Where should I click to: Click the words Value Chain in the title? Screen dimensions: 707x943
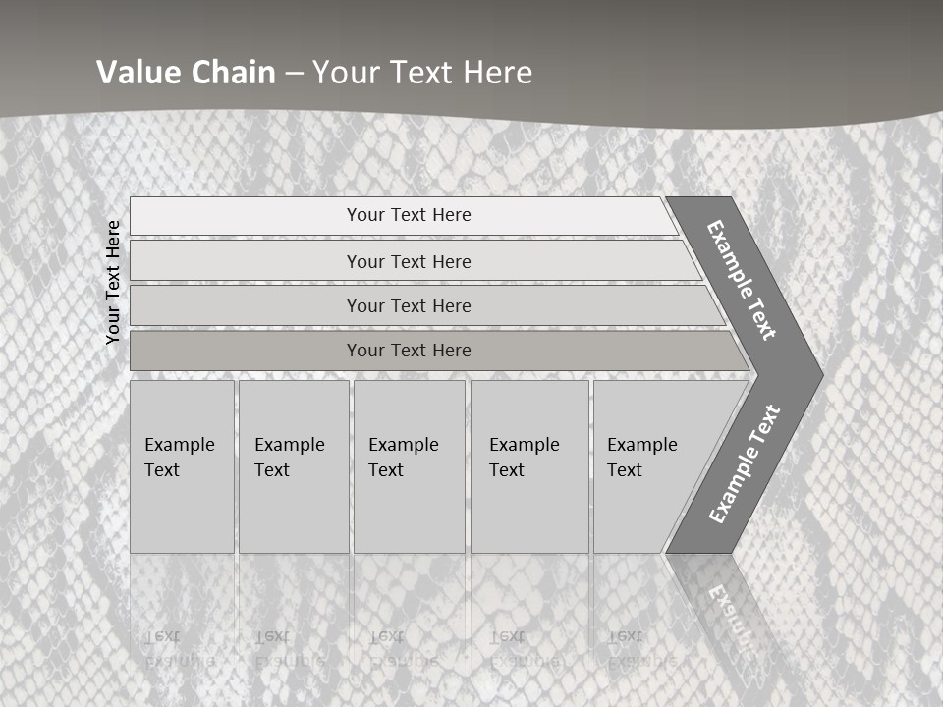coord(186,73)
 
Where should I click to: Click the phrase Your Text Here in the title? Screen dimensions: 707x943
coord(422,73)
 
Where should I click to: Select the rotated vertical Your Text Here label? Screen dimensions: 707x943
coord(113,282)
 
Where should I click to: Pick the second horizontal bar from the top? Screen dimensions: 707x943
coord(409,261)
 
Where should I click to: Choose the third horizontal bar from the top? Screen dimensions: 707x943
coord(409,305)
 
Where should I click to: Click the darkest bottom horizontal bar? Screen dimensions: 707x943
coord(409,351)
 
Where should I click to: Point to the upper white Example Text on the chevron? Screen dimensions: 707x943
coord(742,280)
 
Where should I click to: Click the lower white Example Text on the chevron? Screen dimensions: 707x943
coord(745,463)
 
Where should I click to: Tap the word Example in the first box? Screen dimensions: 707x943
coord(179,445)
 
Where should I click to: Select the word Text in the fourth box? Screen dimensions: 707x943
coord(507,470)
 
